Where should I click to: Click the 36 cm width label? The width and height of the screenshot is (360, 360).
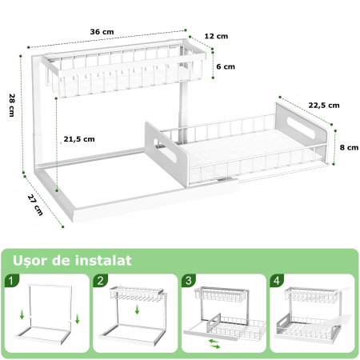[102, 31]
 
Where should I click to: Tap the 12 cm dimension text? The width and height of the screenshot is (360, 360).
[216, 36]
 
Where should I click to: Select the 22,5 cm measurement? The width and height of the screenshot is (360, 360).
[324, 105]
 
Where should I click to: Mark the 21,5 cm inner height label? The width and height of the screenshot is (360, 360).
[79, 138]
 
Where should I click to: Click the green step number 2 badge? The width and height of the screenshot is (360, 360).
[100, 281]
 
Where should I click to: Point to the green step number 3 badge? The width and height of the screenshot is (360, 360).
[187, 281]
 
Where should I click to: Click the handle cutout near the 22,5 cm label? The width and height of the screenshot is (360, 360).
[302, 126]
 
